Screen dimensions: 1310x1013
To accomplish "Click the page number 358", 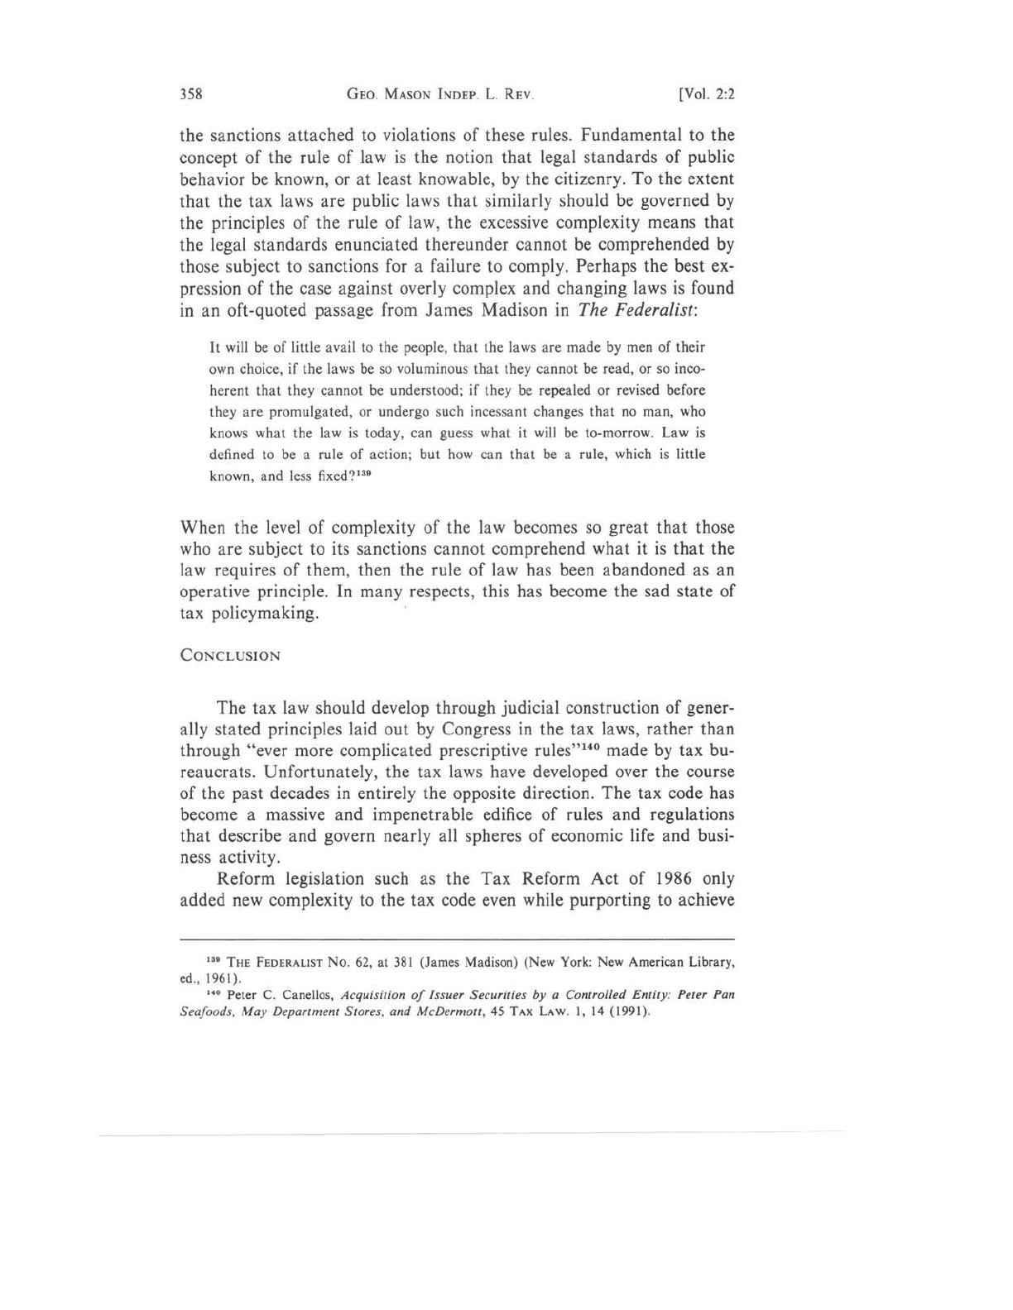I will click(192, 93).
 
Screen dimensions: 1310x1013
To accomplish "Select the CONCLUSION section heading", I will click(231, 656).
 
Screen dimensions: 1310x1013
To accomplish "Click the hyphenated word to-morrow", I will click(590, 433).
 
